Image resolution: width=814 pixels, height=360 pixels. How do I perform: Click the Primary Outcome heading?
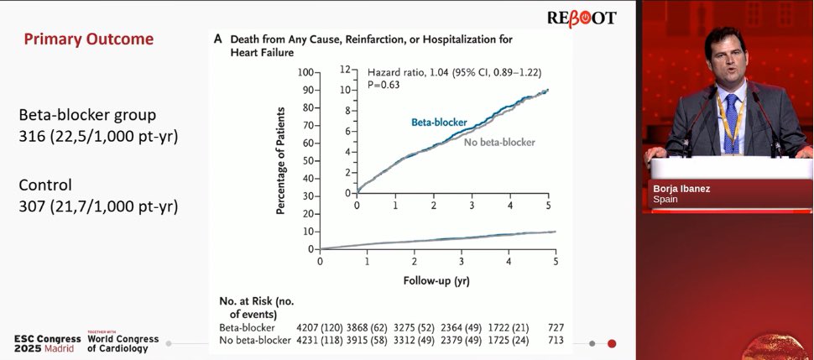pos(88,39)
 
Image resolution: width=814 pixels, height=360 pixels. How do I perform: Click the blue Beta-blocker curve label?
pos(439,123)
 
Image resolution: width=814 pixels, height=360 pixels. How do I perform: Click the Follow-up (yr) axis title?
pos(436,281)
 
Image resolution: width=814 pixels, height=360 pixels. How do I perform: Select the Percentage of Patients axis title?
pos(281,159)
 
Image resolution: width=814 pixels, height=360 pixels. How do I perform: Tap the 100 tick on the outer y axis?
pos(304,73)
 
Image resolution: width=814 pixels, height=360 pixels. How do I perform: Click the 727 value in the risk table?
pos(555,327)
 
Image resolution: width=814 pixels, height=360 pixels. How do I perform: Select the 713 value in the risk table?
pos(555,340)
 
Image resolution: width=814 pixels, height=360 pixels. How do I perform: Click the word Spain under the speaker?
pos(667,201)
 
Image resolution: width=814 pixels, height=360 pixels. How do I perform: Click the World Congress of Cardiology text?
pos(123,343)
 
